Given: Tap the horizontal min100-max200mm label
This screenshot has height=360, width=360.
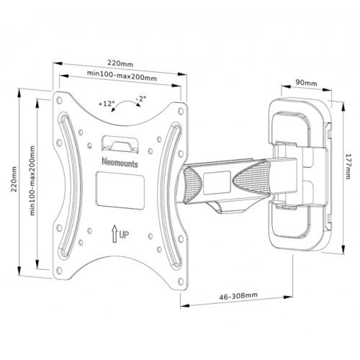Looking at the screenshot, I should pyautogui.click(x=119, y=74).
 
